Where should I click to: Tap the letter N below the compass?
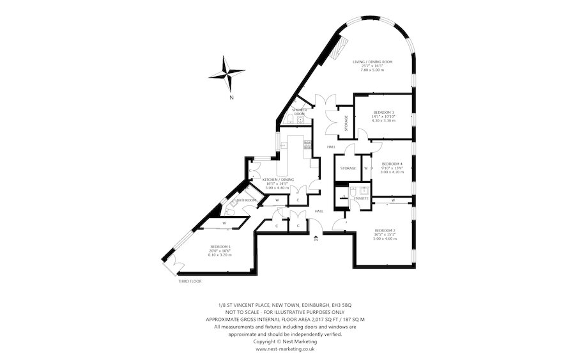(x=232, y=98)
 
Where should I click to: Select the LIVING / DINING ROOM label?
(x=372, y=62)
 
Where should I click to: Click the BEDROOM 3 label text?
(x=383, y=112)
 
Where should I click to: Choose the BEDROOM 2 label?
(x=385, y=230)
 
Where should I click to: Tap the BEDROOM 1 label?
(x=221, y=246)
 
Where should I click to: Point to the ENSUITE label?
(x=361, y=199)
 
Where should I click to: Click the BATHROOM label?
(x=247, y=200)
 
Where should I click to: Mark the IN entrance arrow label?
(x=316, y=240)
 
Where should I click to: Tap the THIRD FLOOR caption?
(x=190, y=281)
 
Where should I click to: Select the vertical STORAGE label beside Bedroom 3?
(x=346, y=123)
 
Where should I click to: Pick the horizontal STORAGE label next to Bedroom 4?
(x=348, y=168)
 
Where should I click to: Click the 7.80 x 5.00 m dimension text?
(x=372, y=70)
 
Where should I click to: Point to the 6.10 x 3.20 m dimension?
(x=221, y=254)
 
